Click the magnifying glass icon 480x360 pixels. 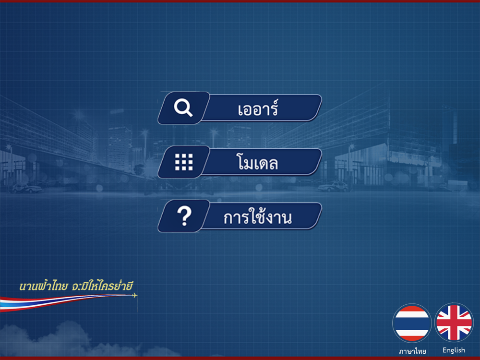pyautogui.click(x=183, y=108)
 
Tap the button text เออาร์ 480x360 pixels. pyautogui.click(x=258, y=108)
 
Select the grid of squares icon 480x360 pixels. pyautogui.click(x=184, y=162)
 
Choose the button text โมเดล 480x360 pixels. pyautogui.click(x=257, y=162)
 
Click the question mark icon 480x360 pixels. pyautogui.click(x=184, y=216)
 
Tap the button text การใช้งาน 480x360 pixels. pyautogui.click(x=257, y=216)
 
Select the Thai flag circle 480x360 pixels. pyautogui.click(x=412, y=323)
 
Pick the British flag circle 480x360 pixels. pyautogui.click(x=454, y=323)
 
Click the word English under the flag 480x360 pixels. pyautogui.click(x=454, y=350)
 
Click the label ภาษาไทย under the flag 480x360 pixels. pyautogui.click(x=412, y=351)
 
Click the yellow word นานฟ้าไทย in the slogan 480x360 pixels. pyautogui.click(x=43, y=286)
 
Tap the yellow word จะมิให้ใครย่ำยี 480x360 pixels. pyautogui.click(x=102, y=286)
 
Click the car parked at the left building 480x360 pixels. pyautogui.click(x=26, y=188)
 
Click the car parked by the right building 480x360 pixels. pyautogui.click(x=333, y=186)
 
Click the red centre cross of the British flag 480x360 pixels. pyautogui.click(x=454, y=323)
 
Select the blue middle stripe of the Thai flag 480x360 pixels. pyautogui.click(x=412, y=323)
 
